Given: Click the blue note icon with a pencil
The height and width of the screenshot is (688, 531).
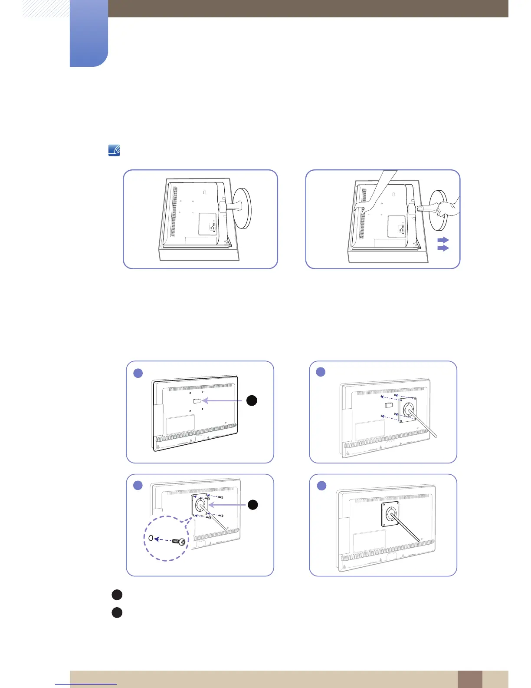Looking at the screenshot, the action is pos(114,151).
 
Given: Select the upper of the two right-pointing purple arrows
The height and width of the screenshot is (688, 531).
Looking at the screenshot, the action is pos(443,240).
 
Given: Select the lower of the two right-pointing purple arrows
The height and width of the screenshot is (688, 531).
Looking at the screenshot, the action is pos(443,248).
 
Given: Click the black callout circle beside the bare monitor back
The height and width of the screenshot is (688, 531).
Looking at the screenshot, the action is pos(252,400).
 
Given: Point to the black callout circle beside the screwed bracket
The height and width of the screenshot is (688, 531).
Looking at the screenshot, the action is pos(252,504).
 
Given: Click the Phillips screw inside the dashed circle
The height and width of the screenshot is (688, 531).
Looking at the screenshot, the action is pos(179,542).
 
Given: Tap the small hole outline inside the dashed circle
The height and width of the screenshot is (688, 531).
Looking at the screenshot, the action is pos(151,538).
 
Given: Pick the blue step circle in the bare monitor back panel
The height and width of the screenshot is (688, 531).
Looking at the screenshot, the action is pos(138,373).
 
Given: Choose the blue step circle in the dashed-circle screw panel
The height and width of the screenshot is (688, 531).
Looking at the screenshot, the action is pos(138,485).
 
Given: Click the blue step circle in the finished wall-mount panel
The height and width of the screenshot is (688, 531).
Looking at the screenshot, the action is pos(321,485).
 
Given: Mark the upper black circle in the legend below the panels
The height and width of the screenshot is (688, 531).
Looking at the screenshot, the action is pos(117,595).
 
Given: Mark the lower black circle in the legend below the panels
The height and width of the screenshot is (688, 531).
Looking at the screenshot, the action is pos(117,613).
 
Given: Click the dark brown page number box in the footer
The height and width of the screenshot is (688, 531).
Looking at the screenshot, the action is pos(469,679).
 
